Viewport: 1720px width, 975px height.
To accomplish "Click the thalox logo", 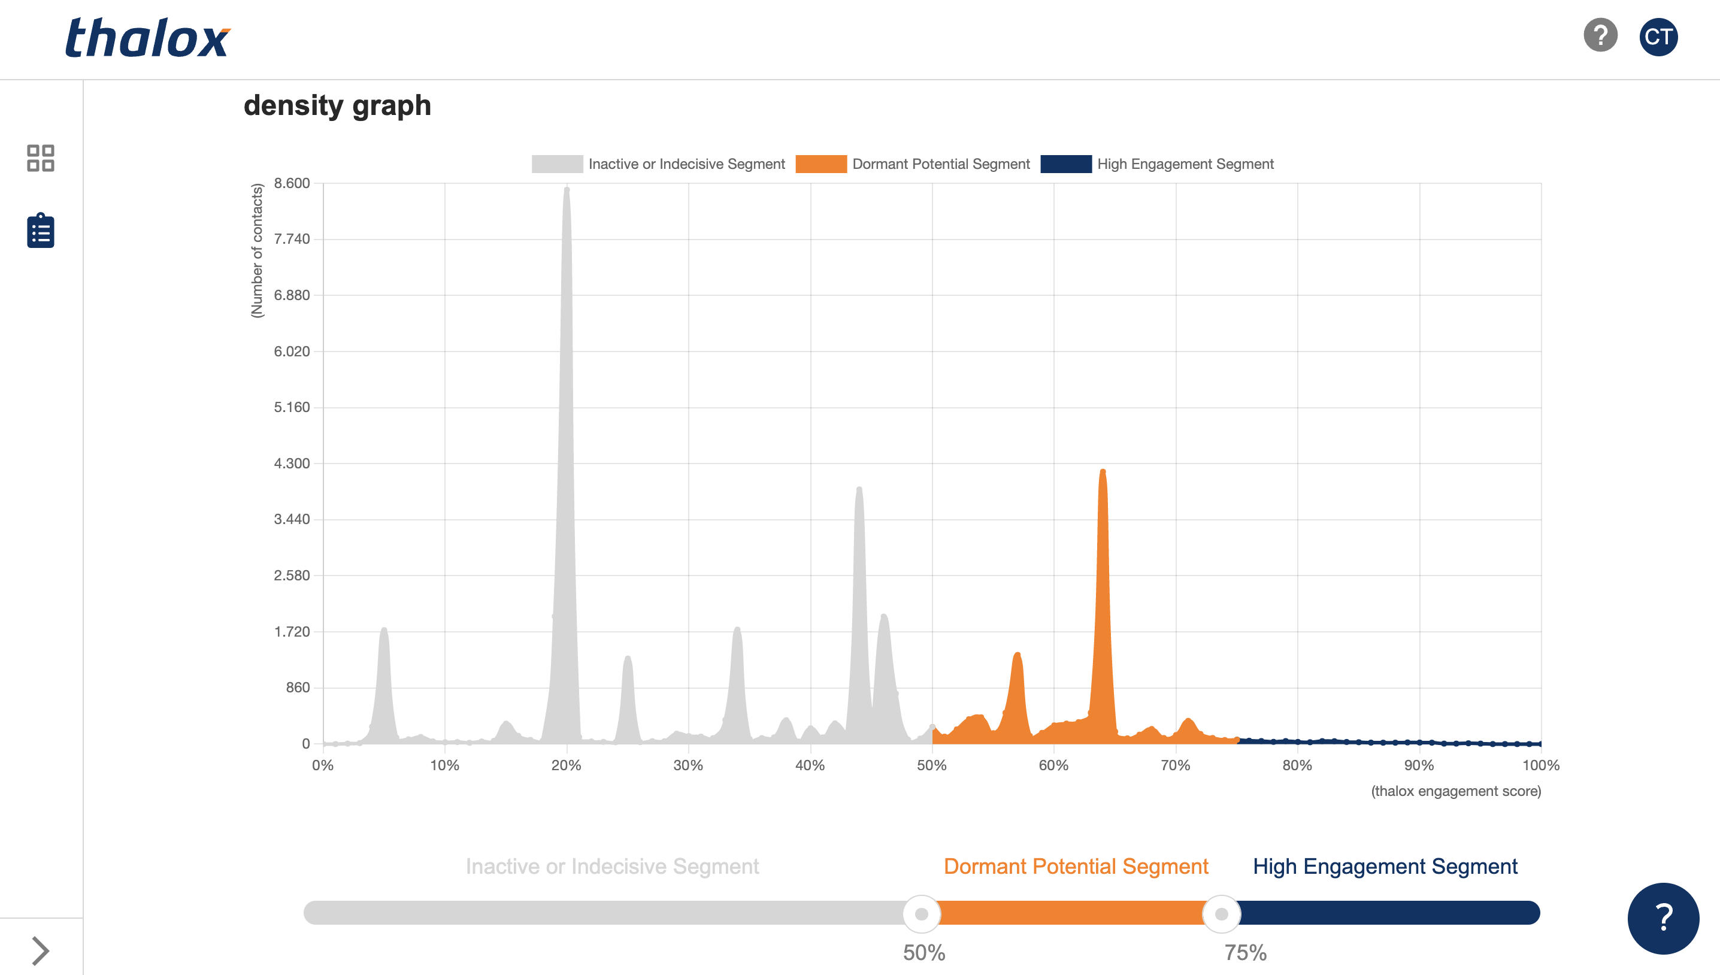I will (x=147, y=38).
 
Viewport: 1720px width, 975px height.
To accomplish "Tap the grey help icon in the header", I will (x=1600, y=35).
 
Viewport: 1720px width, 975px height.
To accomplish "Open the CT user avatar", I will (x=1658, y=37).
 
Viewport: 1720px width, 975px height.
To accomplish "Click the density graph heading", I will (x=337, y=106).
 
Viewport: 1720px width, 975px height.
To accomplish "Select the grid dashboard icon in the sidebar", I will (x=40, y=158).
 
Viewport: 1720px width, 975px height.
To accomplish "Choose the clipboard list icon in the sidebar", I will (x=40, y=231).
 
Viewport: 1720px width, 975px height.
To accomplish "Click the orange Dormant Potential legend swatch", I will (x=821, y=164).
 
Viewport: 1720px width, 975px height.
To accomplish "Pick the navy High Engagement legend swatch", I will (x=1066, y=164).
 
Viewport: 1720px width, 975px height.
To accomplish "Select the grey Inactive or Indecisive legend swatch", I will (x=557, y=164).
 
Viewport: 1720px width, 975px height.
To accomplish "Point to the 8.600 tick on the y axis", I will (x=292, y=183).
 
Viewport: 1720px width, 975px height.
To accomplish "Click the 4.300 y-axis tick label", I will (x=292, y=464).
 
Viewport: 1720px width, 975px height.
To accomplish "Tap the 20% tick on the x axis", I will (x=567, y=765).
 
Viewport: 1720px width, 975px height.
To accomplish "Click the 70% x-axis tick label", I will (x=1176, y=765).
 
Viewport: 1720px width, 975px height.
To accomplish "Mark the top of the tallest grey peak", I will (x=567, y=190).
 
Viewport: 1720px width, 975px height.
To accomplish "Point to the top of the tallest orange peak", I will (x=1103, y=472).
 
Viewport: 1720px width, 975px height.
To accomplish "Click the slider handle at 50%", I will (x=922, y=913).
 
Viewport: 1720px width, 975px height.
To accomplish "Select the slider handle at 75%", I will (x=1222, y=913).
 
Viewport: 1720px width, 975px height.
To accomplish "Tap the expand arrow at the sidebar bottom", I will (x=40, y=951).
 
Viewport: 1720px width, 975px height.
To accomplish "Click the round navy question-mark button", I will (x=1663, y=918).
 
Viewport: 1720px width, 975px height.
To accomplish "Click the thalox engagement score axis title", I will (x=1455, y=792).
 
